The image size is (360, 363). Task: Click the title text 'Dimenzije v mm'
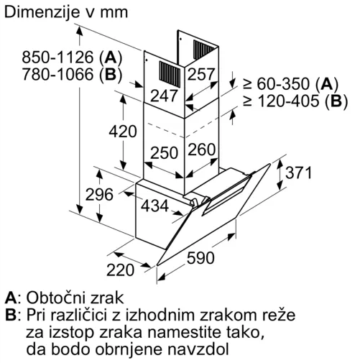click(66, 12)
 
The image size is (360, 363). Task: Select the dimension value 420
click(123, 132)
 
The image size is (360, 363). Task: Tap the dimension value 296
click(99, 194)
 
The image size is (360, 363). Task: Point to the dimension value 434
click(154, 206)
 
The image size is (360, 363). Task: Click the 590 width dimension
click(200, 258)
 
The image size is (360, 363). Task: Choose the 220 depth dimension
click(120, 270)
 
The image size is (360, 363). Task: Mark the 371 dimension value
click(298, 173)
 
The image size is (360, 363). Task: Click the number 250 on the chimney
click(165, 153)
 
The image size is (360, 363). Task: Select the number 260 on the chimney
click(202, 150)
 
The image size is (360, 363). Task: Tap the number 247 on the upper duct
click(164, 96)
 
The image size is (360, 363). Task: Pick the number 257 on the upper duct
click(200, 74)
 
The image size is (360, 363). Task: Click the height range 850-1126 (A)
click(72, 58)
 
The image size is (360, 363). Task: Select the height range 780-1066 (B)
click(72, 74)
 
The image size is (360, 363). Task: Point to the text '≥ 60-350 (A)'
click(290, 84)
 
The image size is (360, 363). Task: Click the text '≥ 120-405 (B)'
click(295, 101)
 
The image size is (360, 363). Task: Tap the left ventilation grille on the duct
click(170, 74)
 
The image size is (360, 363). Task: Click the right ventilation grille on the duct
click(203, 50)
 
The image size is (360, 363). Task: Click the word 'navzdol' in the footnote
click(198, 349)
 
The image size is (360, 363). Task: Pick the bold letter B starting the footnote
click(10, 316)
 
